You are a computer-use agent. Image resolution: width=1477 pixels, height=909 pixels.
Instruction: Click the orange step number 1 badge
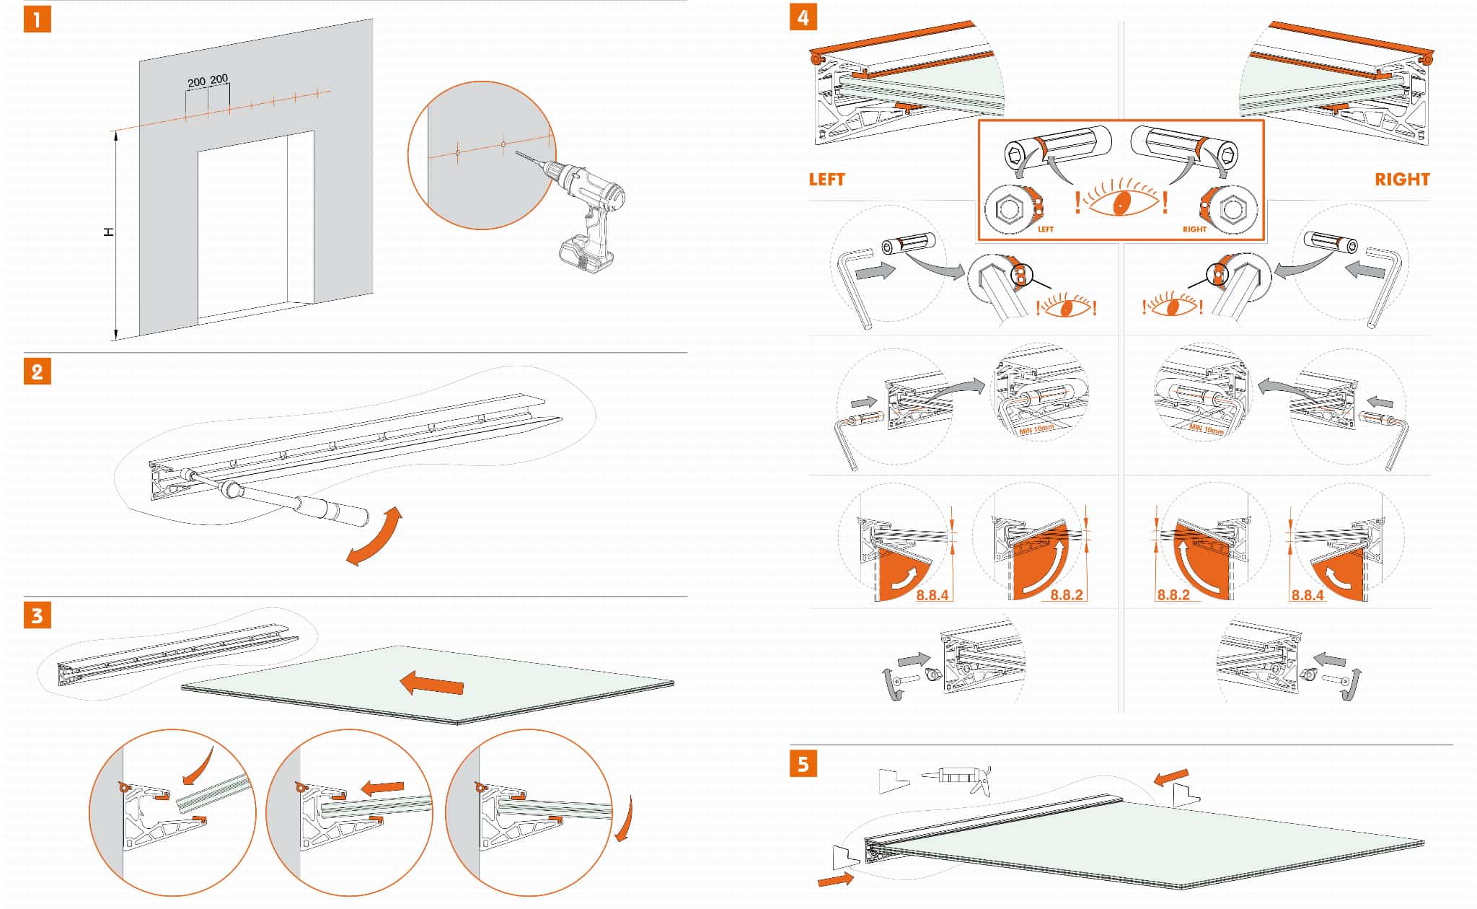[x=38, y=19]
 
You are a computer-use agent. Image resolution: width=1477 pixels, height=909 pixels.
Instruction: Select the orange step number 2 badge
[x=38, y=372]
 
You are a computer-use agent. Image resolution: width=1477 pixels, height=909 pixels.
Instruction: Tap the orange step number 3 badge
[x=38, y=616]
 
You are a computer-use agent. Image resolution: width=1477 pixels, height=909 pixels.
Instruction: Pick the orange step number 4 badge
[x=803, y=17]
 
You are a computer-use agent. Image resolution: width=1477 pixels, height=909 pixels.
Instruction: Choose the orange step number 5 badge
[x=803, y=763]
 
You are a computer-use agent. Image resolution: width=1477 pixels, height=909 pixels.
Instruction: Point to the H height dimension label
[x=109, y=232]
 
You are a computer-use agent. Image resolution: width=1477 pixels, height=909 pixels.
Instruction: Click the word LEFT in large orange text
[x=826, y=180]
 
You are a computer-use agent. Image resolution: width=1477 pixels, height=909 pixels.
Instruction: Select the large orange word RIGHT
[x=1401, y=180]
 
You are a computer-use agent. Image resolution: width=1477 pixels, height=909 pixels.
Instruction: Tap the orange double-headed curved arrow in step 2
[x=374, y=536]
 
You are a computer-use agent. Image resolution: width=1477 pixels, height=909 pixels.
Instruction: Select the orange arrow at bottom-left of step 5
[x=836, y=879]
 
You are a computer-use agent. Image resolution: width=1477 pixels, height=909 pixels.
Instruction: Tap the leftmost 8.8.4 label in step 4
[x=932, y=595]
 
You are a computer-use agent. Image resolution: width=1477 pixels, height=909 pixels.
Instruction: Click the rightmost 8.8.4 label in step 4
[x=1307, y=595]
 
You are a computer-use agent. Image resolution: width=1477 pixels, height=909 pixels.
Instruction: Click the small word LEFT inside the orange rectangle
[x=1045, y=229]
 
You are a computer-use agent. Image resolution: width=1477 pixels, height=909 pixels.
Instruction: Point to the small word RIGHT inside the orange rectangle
[x=1194, y=229]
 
